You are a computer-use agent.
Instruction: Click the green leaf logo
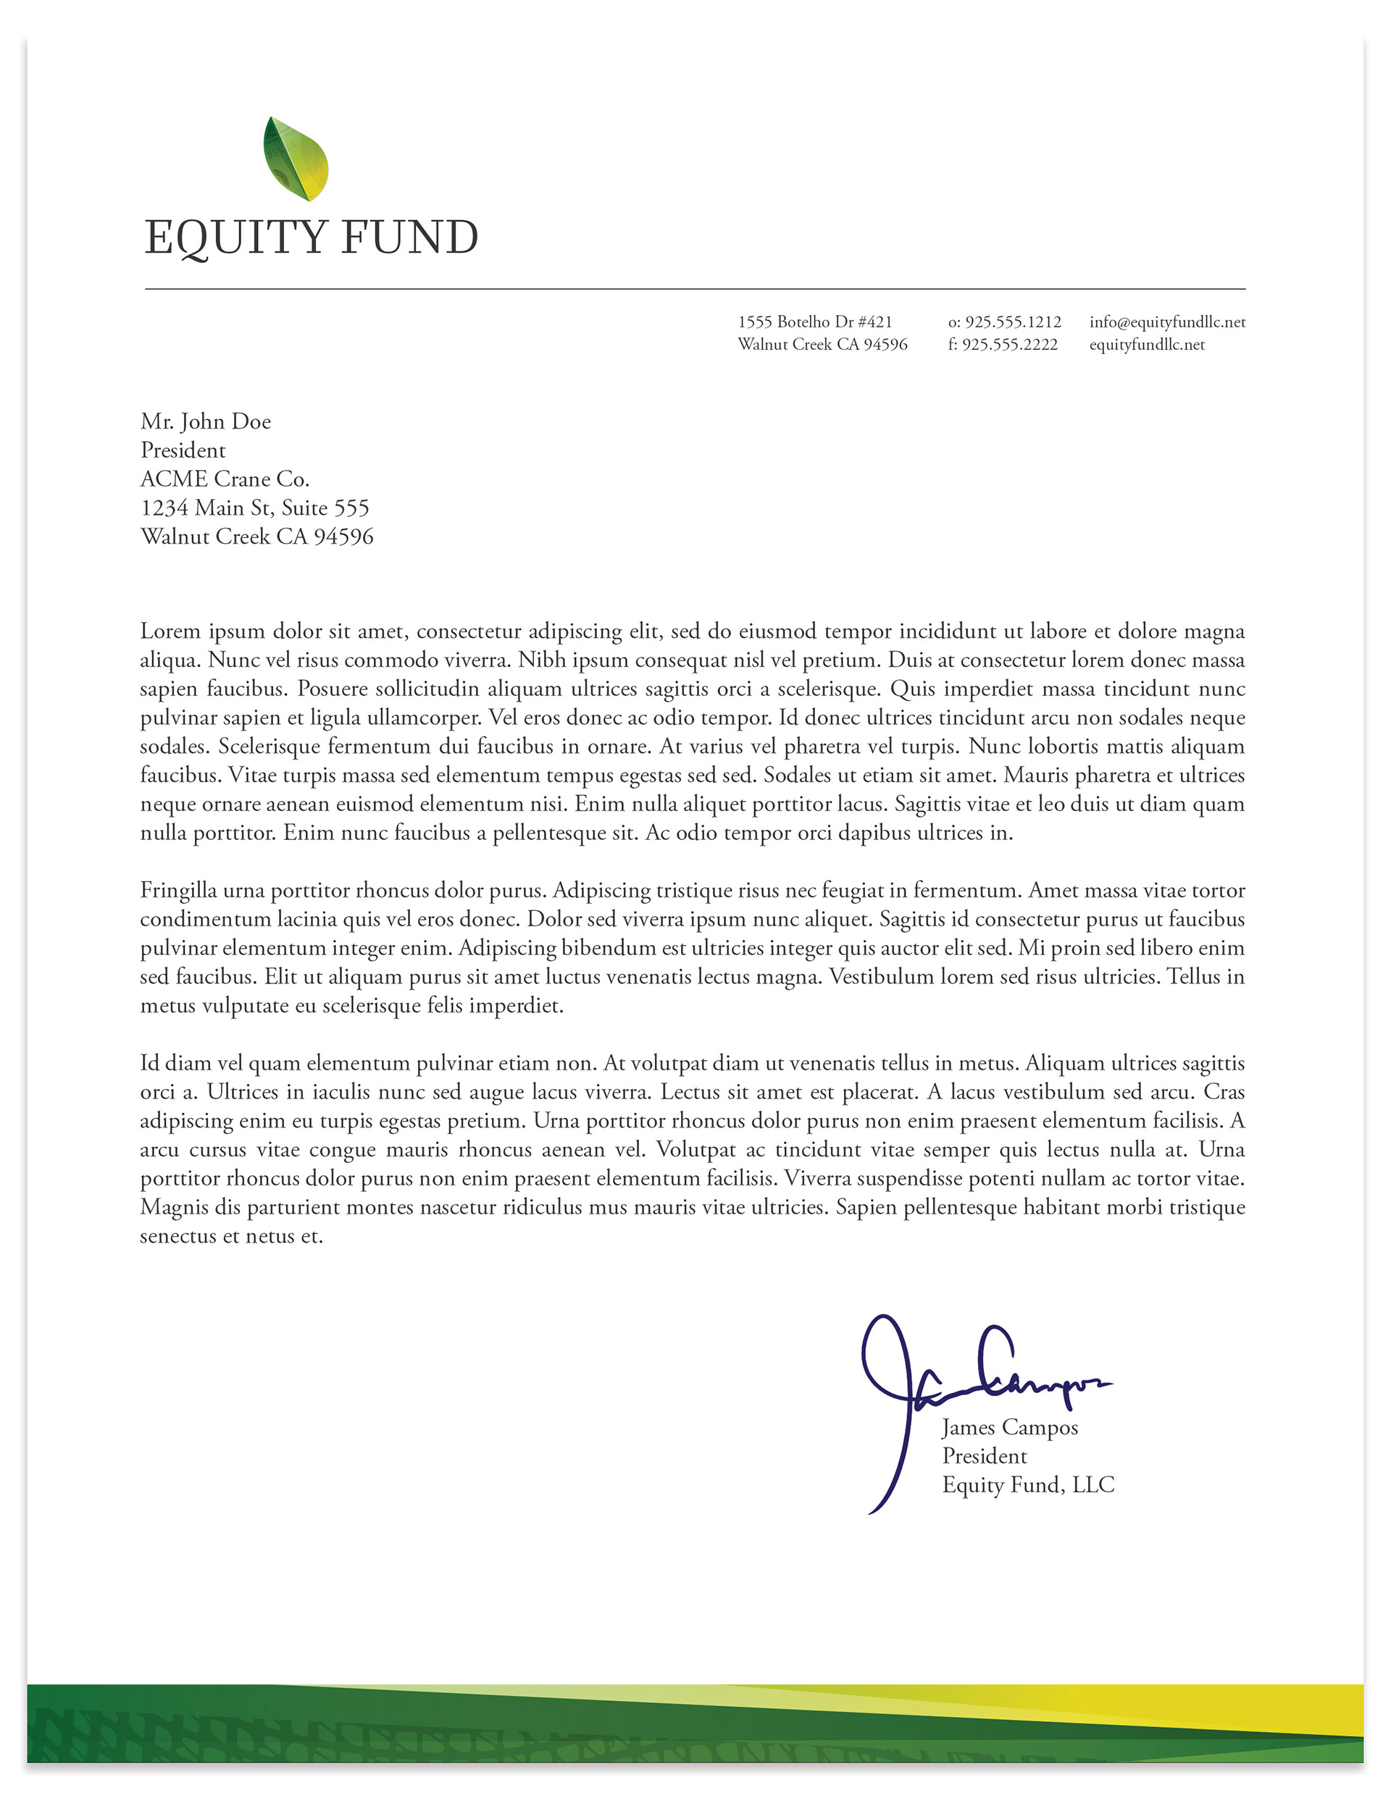point(296,159)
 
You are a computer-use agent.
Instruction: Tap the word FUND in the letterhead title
point(409,238)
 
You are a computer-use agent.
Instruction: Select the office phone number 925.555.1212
point(1013,322)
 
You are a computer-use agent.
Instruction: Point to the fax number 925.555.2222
point(1010,344)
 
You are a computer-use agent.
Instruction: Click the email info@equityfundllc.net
point(1167,322)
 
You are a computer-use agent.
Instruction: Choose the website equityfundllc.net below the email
point(1146,344)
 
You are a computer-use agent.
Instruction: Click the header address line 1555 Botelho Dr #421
point(814,322)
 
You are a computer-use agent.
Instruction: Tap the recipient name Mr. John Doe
point(205,421)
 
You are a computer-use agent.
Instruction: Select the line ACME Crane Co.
point(225,479)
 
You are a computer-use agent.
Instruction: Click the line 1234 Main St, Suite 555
point(254,508)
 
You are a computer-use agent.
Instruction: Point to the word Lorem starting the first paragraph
point(168,631)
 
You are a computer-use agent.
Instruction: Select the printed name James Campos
point(1010,1427)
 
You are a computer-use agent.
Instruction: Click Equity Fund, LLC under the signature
point(1028,1485)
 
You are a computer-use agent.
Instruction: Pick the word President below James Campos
point(984,1456)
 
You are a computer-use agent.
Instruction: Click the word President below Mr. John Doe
point(183,450)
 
